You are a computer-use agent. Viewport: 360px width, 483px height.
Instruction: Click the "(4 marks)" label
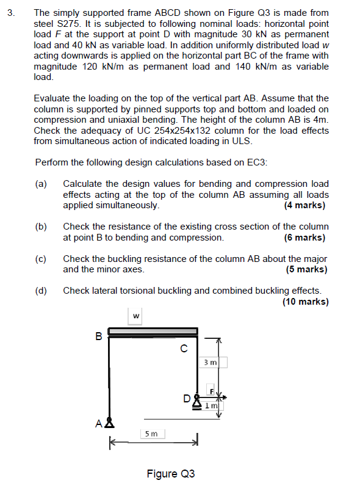pyautogui.click(x=304, y=205)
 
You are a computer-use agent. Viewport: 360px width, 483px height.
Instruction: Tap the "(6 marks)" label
pyautogui.click(x=304, y=238)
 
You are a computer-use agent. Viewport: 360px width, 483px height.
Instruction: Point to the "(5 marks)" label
pyautogui.click(x=306, y=269)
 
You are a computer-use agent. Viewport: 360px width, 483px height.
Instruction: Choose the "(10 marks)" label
pyautogui.click(x=304, y=301)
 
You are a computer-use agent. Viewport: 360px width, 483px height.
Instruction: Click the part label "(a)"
pyautogui.click(x=41, y=184)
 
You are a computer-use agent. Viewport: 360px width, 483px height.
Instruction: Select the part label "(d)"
pyautogui.click(x=41, y=291)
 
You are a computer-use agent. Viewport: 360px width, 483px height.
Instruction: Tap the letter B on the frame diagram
pyautogui.click(x=99, y=335)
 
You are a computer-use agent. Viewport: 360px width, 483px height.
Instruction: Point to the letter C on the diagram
pyautogui.click(x=183, y=349)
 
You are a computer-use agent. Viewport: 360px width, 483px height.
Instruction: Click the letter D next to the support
pyautogui.click(x=187, y=399)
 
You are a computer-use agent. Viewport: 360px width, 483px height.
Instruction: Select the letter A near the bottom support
pyautogui.click(x=100, y=422)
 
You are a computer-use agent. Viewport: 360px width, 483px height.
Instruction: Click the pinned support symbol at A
pyautogui.click(x=110, y=422)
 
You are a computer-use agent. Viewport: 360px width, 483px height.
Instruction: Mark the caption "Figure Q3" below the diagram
pyautogui.click(x=170, y=473)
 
